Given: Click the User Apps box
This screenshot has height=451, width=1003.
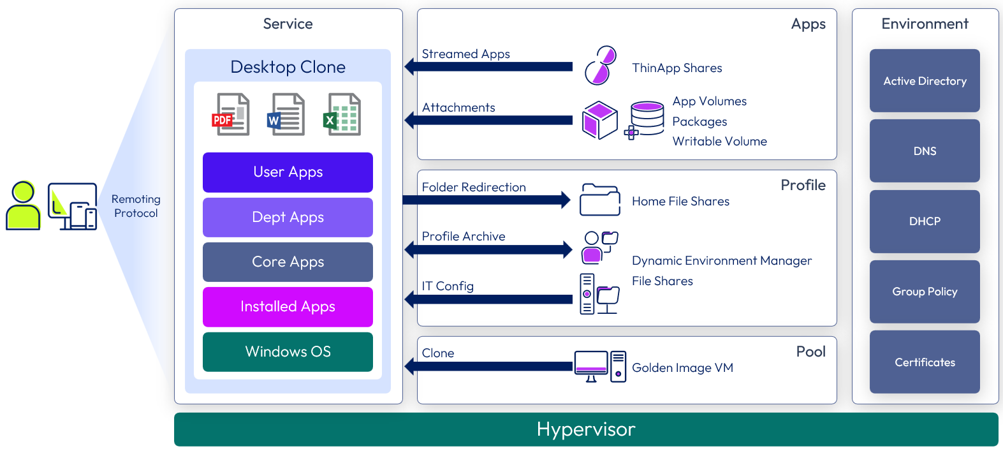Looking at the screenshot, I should pos(288,172).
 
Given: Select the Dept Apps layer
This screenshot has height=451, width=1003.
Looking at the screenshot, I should pos(288,218).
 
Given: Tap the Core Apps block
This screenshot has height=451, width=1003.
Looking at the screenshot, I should pos(288,262).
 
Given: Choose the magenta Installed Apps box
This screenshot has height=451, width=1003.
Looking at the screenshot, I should pos(288,307).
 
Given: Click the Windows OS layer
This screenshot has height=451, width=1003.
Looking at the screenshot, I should pos(288,351).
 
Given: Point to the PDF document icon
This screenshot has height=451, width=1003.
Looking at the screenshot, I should pos(231,115).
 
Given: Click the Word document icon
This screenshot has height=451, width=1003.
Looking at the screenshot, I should pos(286,115).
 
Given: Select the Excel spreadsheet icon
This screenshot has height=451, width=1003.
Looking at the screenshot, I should pos(342,115).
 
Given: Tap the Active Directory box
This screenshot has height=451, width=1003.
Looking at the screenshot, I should pos(925,81).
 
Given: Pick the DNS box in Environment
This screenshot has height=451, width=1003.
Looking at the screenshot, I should pos(925,151).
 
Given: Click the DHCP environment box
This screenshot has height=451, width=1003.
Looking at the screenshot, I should pos(925,221).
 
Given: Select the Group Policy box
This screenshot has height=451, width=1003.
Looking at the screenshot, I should pos(925,292).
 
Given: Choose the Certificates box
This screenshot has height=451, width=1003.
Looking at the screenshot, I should pos(925,362).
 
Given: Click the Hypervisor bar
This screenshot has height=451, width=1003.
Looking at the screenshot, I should pos(586,429).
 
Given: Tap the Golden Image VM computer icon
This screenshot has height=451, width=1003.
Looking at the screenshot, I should pos(599,367).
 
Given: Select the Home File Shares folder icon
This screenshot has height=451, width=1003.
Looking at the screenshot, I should pos(599,200).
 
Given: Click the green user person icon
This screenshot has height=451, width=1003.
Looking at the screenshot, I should pos(23,205).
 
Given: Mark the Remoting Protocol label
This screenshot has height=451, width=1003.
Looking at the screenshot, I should pos(136,206).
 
